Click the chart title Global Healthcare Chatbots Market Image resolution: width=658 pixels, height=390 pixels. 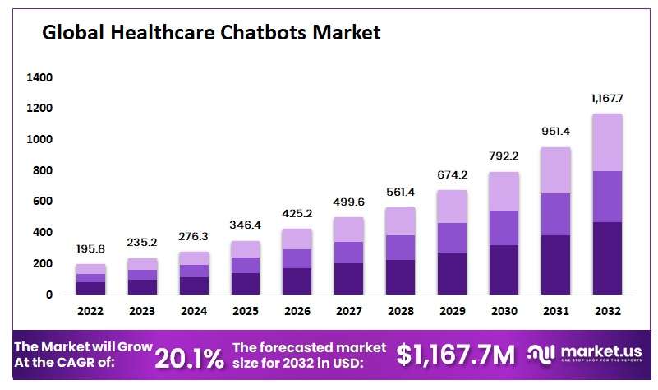(211, 33)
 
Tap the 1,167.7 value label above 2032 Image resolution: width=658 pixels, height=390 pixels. (607, 99)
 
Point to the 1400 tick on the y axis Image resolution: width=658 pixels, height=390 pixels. (39, 77)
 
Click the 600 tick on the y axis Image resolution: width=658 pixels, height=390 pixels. (42, 201)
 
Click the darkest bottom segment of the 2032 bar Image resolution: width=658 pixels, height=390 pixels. (607, 258)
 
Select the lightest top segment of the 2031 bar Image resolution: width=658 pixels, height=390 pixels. (555, 170)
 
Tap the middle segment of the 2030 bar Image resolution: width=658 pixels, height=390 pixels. (504, 228)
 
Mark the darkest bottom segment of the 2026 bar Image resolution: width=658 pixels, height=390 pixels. (297, 281)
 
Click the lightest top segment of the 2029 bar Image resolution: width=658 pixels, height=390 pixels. (452, 207)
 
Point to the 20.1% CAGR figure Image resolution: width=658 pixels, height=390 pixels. (190, 357)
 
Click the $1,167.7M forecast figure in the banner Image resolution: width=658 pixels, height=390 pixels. (456, 355)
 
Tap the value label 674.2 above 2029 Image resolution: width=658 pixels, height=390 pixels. (452, 174)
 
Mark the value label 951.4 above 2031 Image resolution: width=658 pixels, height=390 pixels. (555, 132)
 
